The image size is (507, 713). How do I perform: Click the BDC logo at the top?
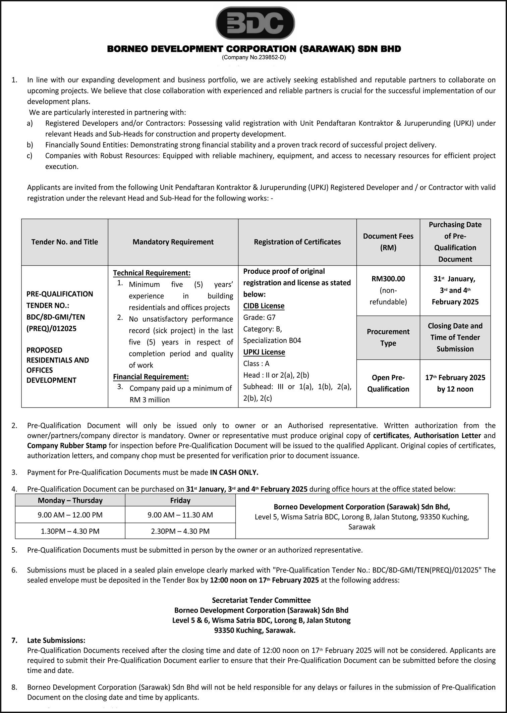pyautogui.click(x=255, y=23)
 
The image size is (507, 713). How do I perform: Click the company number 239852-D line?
pyautogui.click(x=254, y=57)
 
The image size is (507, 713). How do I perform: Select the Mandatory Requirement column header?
pyautogui.click(x=173, y=242)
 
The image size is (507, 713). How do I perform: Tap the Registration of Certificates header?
pyautogui.click(x=297, y=242)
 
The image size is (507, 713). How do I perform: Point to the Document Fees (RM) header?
pyautogui.click(x=388, y=242)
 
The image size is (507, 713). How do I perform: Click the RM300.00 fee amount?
pyautogui.click(x=388, y=279)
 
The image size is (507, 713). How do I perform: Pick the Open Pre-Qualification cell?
pyautogui.click(x=388, y=383)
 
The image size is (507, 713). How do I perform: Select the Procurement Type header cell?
pyautogui.click(x=388, y=337)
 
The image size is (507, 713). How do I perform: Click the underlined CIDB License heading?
pyautogui.click(x=264, y=306)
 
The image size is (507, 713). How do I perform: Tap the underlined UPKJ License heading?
pyautogui.click(x=264, y=352)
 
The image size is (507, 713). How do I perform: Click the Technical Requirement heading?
pyautogui.click(x=152, y=273)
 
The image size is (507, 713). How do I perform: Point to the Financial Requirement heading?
pyautogui.click(x=151, y=377)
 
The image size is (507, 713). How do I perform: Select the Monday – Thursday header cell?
pyautogui.click(x=70, y=500)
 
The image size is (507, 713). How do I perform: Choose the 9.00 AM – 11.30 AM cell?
pyautogui.click(x=180, y=515)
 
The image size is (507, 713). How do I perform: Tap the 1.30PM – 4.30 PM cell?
pyautogui.click(x=70, y=531)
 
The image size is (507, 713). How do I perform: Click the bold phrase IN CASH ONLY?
pyautogui.click(x=234, y=472)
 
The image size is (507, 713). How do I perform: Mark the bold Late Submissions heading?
pyautogui.click(x=56, y=640)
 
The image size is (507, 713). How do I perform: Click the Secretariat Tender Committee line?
pyautogui.click(x=261, y=600)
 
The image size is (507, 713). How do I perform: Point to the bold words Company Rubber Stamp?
pyautogui.click(x=67, y=445)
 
